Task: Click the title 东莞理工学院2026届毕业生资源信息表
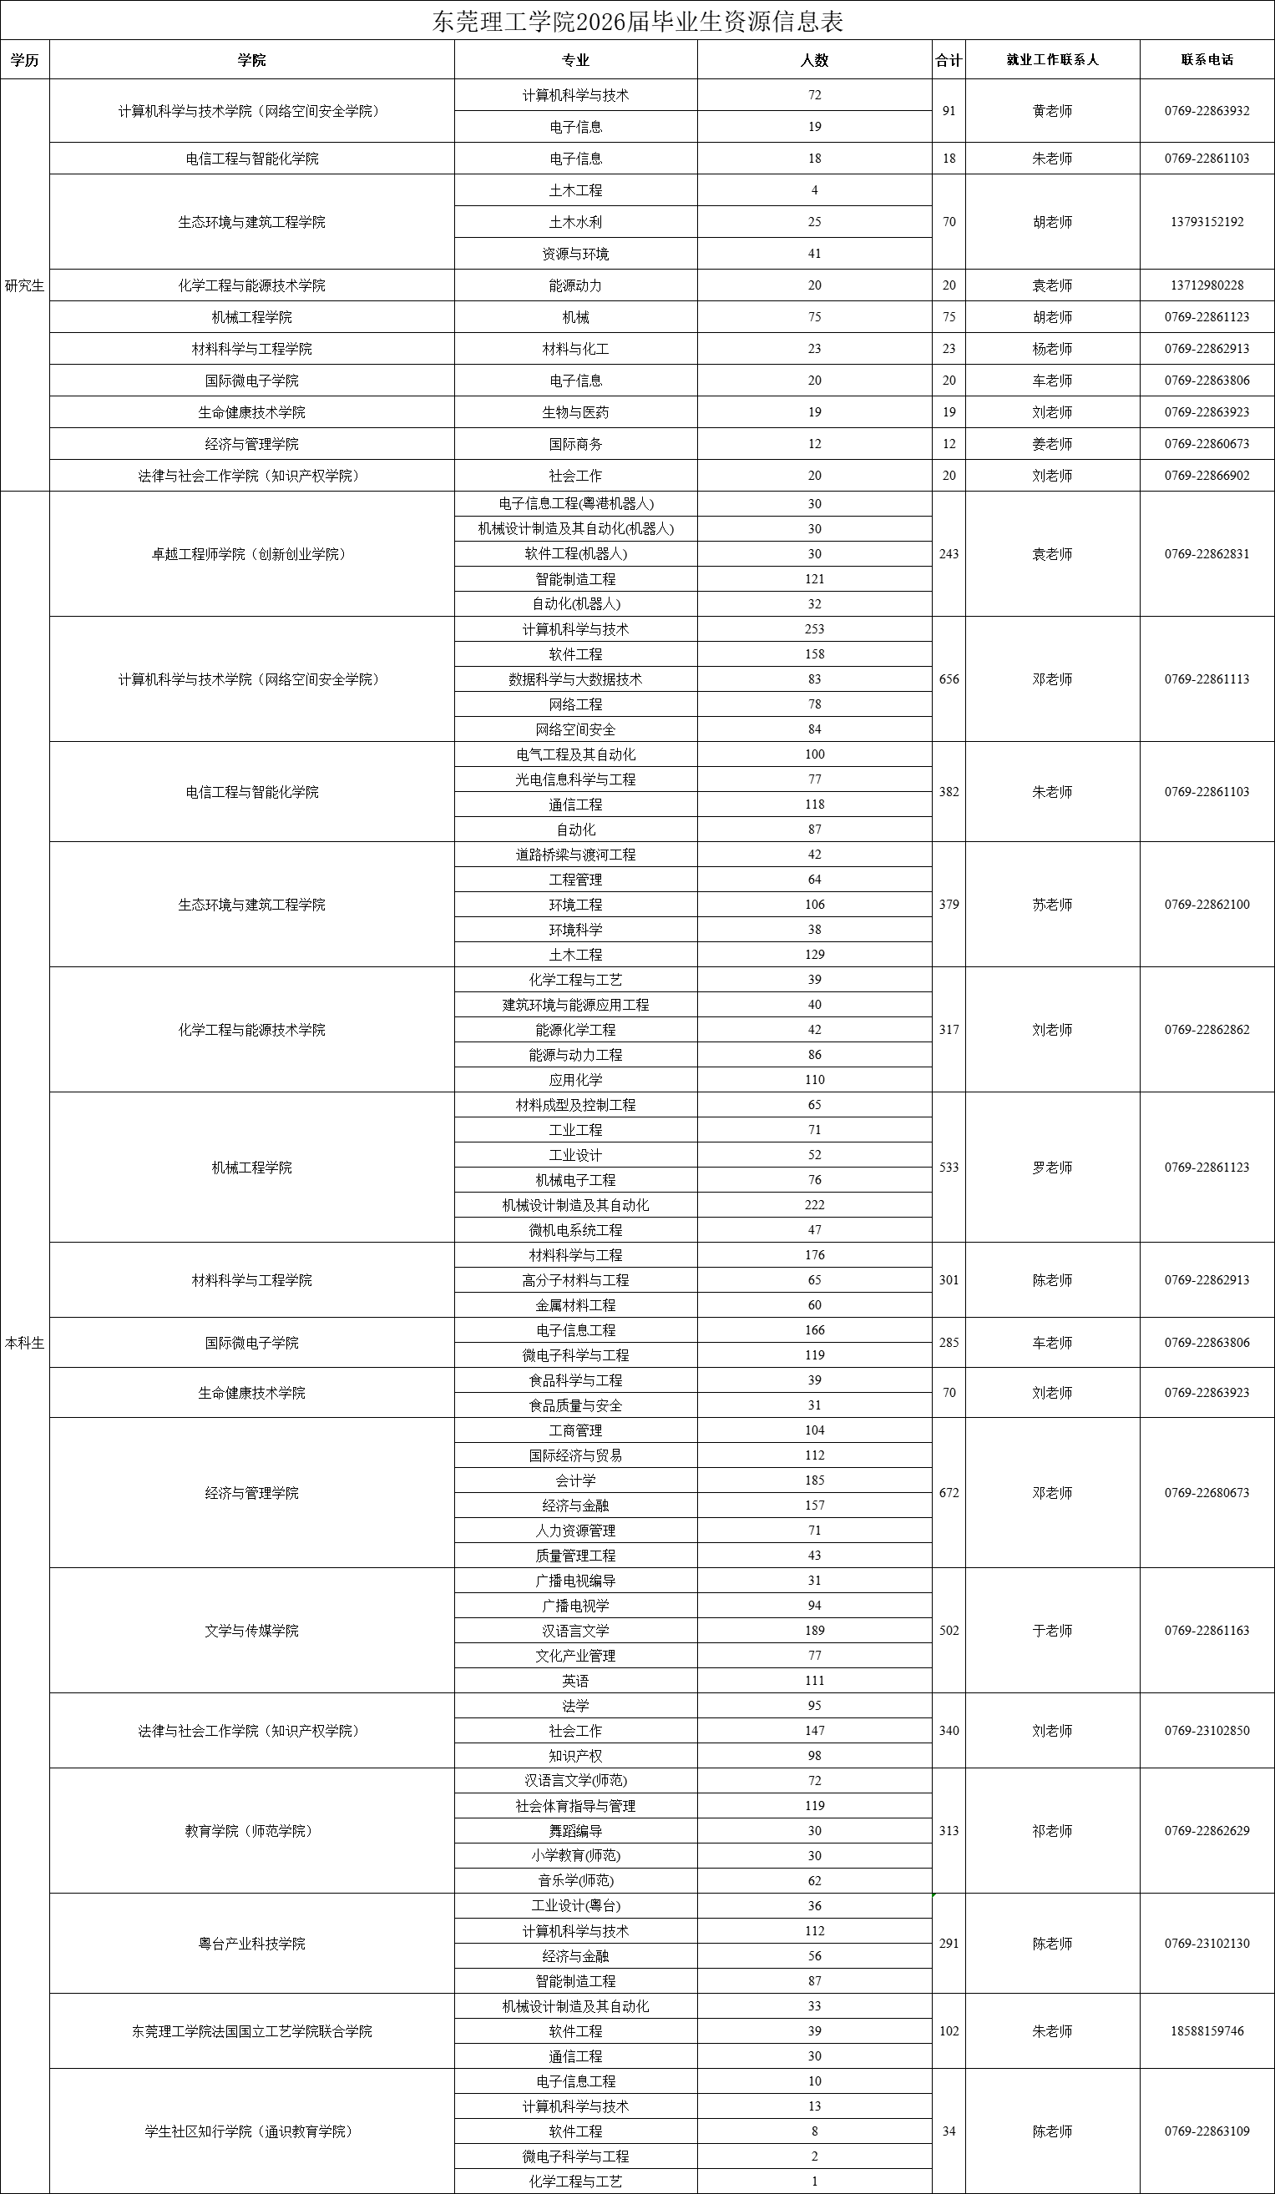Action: (x=638, y=21)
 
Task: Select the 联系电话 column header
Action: (x=1207, y=60)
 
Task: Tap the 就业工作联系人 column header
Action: (x=1052, y=60)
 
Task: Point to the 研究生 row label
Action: (x=24, y=285)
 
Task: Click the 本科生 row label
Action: (x=24, y=1343)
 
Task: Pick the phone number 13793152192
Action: (x=1207, y=222)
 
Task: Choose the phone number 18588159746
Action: (x=1207, y=2030)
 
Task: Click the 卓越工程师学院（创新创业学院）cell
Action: (x=251, y=554)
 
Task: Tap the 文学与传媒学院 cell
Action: (x=251, y=1630)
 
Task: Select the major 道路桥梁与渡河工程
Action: (x=575, y=854)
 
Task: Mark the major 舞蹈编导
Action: (x=575, y=1830)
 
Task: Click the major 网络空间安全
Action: (x=575, y=729)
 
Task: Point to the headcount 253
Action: (x=814, y=628)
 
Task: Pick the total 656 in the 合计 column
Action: (x=949, y=679)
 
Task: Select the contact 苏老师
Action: (x=1052, y=905)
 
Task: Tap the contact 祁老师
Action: (x=1052, y=1830)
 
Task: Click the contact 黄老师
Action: (x=1052, y=110)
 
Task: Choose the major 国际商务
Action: (x=575, y=444)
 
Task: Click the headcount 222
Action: (x=814, y=1205)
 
